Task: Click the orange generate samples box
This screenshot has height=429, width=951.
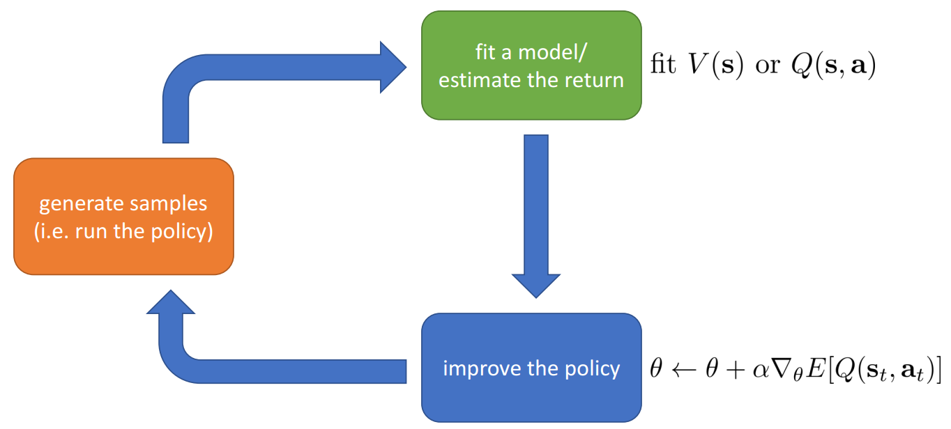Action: click(x=123, y=217)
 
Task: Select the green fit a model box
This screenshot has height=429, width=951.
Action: click(x=531, y=65)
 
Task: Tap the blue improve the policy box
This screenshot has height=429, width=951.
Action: click(x=531, y=368)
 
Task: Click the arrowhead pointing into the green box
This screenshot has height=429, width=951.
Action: click(x=393, y=67)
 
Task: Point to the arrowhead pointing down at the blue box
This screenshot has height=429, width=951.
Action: click(x=536, y=286)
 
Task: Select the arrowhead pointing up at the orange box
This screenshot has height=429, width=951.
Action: click(x=171, y=302)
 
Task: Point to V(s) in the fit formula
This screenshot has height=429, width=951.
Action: click(x=716, y=65)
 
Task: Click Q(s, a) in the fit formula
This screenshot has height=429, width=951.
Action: click(x=833, y=65)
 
